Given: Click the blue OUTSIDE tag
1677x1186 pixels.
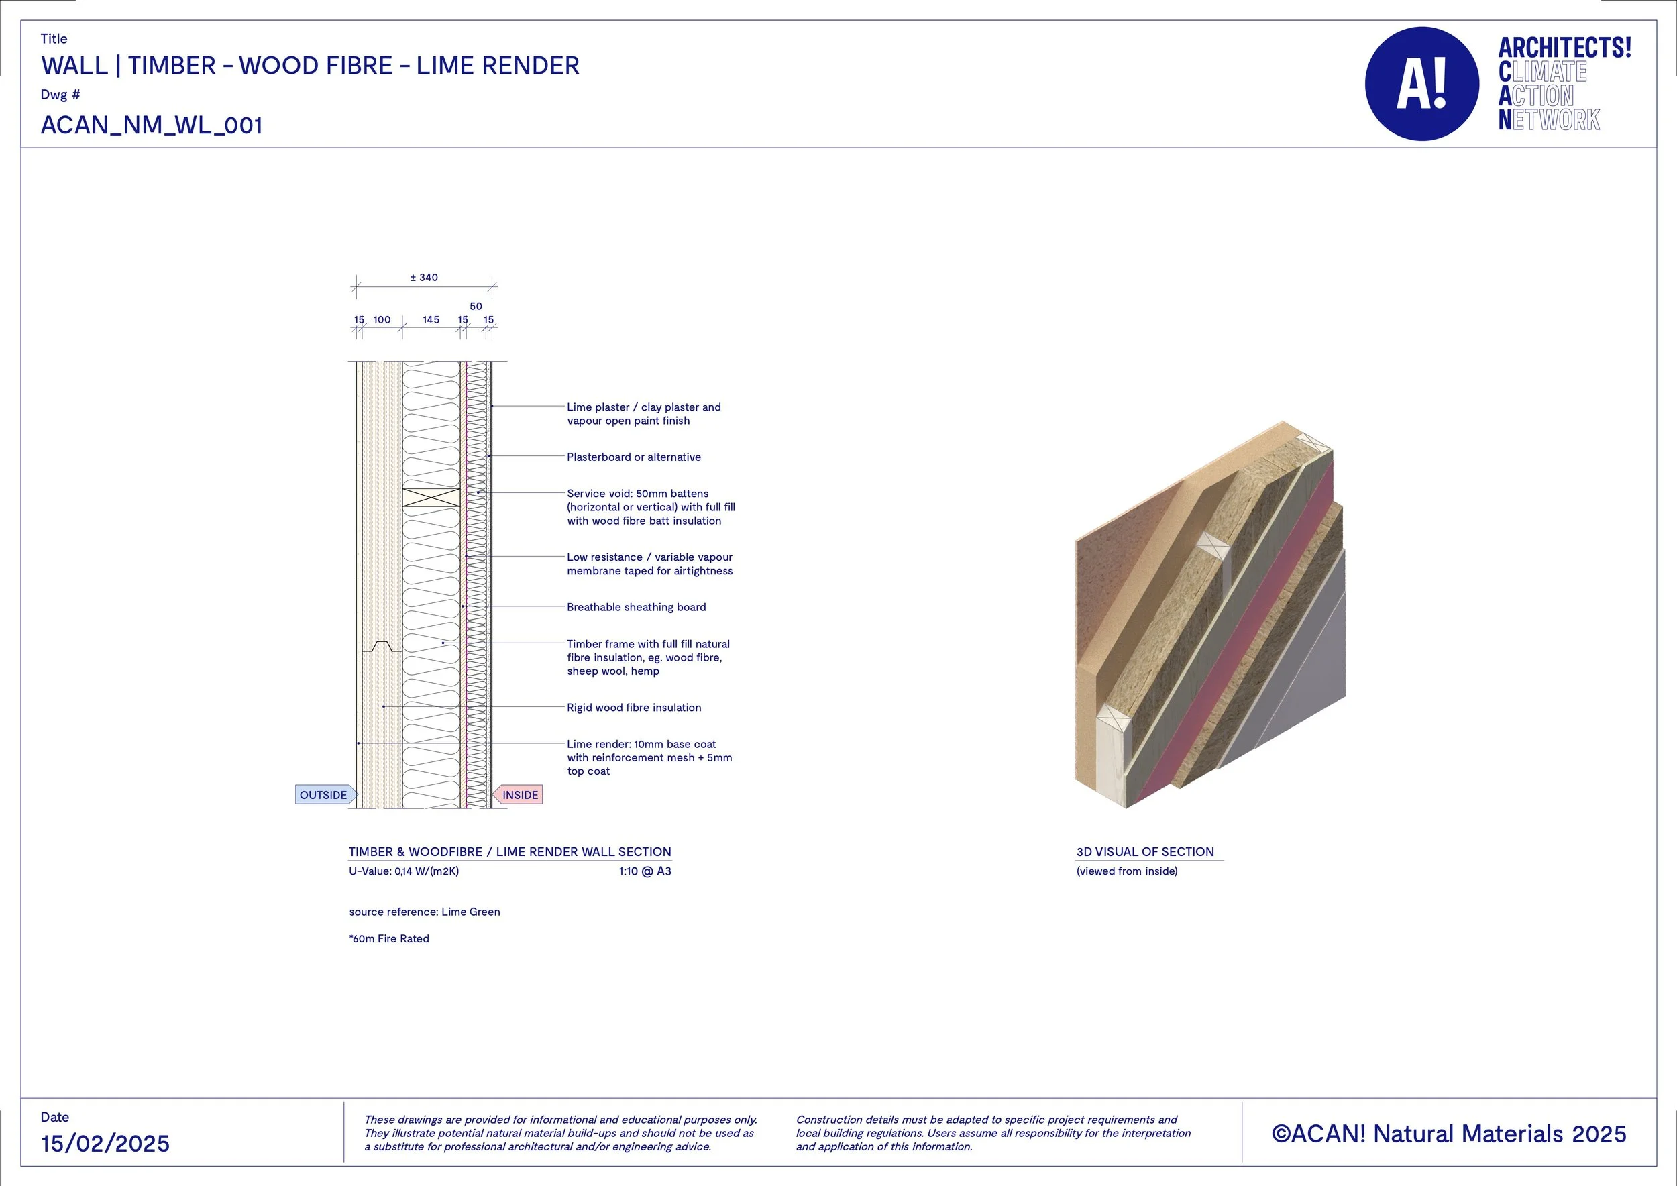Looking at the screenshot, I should click(324, 794).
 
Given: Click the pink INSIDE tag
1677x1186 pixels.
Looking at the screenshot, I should click(519, 794).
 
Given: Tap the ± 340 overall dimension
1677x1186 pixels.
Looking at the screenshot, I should click(424, 278).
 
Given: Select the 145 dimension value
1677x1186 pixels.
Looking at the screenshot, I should click(431, 320).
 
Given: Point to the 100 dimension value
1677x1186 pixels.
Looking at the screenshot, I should click(382, 320).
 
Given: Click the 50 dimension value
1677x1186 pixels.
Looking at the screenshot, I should click(476, 306).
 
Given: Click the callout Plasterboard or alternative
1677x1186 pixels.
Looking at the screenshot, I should click(633, 457).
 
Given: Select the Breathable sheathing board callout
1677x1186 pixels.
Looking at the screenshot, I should click(636, 607).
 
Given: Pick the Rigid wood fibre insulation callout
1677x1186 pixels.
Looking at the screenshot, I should click(633, 708).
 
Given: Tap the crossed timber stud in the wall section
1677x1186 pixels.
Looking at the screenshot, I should click(431, 497).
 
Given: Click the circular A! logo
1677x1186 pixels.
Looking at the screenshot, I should click(1421, 84).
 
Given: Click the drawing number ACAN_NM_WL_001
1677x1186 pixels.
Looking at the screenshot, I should click(151, 125).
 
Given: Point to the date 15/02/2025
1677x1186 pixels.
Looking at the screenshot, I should click(105, 1144).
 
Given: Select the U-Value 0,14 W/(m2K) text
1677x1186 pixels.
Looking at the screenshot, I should click(403, 871).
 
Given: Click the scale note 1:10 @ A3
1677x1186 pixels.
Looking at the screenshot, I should click(644, 871).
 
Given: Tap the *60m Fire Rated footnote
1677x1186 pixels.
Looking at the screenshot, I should click(388, 939).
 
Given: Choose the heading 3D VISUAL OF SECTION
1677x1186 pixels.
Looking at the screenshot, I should click(1144, 851).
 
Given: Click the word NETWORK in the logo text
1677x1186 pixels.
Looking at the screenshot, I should click(1548, 120).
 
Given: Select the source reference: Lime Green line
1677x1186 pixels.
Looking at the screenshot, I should click(425, 912).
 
